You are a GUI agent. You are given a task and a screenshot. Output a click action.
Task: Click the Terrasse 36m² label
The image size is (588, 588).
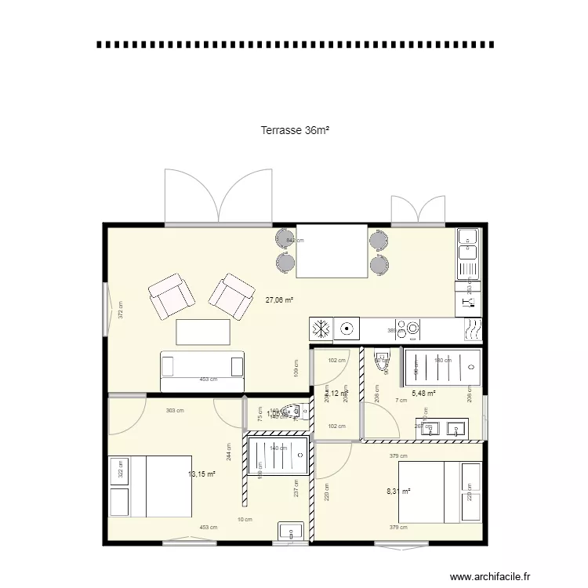[x=295, y=131]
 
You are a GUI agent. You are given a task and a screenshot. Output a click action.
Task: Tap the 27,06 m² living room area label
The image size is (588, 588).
[x=279, y=299]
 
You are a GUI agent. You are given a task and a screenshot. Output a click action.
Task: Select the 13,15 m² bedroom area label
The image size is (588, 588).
[x=201, y=474]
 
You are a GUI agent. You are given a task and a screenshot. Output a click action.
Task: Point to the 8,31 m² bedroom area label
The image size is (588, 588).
[x=400, y=492]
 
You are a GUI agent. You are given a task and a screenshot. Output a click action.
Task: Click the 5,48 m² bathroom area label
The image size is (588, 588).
[x=423, y=394]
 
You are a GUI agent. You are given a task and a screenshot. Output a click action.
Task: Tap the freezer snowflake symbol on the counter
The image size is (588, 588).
[x=321, y=328]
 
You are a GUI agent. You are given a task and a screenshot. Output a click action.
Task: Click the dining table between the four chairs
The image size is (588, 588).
[x=332, y=251]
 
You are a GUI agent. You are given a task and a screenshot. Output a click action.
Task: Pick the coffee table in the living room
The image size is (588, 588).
[x=203, y=332]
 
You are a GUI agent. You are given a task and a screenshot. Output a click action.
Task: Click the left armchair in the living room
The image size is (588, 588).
[x=172, y=297]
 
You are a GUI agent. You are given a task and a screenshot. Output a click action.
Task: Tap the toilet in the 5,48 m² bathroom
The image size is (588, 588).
[x=383, y=360]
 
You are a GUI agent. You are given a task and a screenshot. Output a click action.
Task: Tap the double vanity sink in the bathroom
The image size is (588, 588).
[x=442, y=429]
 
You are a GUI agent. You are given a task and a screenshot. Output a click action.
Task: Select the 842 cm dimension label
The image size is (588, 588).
[x=294, y=241]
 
